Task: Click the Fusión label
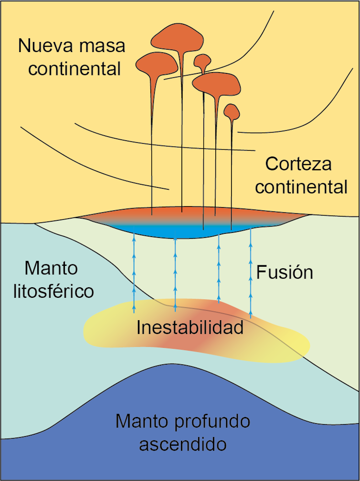(285, 272)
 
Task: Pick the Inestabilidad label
(190, 328)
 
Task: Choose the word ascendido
(182, 444)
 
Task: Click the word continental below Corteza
(301, 187)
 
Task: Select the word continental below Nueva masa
(74, 69)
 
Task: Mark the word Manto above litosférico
(51, 268)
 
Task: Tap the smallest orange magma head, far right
(232, 112)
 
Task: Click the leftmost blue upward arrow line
(134, 272)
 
